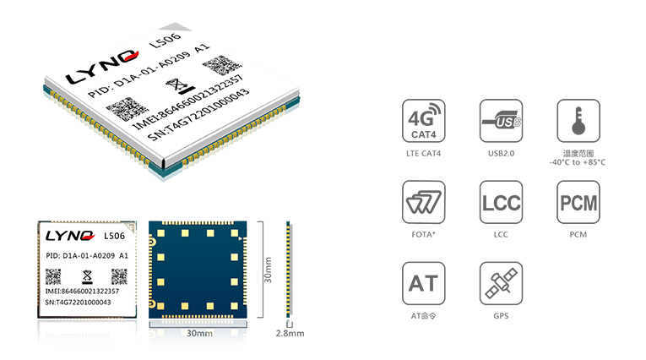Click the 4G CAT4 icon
(x=424, y=120)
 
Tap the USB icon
(x=501, y=120)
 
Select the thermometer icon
(x=578, y=120)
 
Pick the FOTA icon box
(x=424, y=202)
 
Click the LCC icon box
(x=501, y=202)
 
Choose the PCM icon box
(x=578, y=202)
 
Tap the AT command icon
(x=424, y=283)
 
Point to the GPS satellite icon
(x=501, y=283)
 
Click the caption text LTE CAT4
(x=424, y=154)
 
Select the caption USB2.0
(x=501, y=154)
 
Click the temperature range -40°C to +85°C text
(x=578, y=162)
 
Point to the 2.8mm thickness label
(x=290, y=333)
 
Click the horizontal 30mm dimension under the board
(x=200, y=333)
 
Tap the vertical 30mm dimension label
(x=268, y=270)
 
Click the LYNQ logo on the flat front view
(x=70, y=236)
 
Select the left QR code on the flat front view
(x=53, y=276)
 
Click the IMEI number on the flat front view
(x=82, y=292)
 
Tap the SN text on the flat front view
(x=78, y=303)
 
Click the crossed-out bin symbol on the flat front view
(x=87, y=276)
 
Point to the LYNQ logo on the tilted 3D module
(x=102, y=67)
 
